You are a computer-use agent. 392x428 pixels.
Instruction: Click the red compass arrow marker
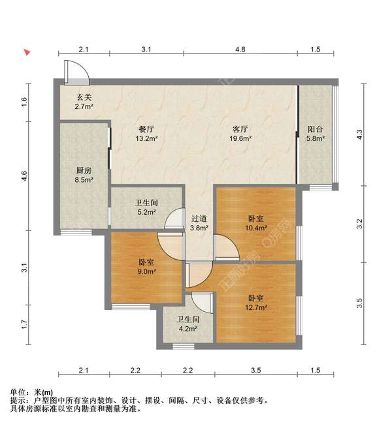(x=27, y=52)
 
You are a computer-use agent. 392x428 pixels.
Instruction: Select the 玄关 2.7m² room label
(x=84, y=102)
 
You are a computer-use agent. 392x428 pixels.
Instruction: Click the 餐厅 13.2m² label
(x=146, y=134)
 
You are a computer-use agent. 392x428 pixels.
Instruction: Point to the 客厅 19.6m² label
(x=240, y=134)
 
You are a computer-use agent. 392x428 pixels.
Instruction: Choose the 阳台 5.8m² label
(x=315, y=134)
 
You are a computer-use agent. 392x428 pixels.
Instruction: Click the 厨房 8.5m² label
(x=84, y=175)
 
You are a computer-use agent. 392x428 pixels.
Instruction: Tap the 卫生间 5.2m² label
(x=146, y=207)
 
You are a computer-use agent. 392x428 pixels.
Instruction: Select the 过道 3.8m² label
(x=199, y=223)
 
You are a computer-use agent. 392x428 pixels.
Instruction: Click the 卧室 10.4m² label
(x=256, y=223)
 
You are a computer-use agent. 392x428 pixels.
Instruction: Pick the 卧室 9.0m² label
(x=146, y=267)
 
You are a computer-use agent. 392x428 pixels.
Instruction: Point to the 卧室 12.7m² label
(x=256, y=303)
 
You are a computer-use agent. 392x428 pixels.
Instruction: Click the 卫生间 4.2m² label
(x=188, y=324)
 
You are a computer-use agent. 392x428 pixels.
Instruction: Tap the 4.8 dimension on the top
(x=240, y=50)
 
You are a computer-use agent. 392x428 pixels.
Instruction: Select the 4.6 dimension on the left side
(x=25, y=176)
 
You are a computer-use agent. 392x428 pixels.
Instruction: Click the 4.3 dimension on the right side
(x=360, y=134)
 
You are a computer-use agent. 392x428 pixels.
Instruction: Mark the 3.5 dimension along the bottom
(x=256, y=370)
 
